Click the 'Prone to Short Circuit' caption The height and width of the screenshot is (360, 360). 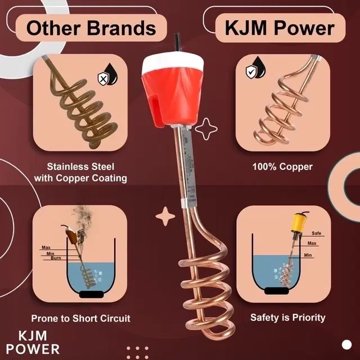[80, 318]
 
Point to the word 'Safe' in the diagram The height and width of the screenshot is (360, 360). [316, 233]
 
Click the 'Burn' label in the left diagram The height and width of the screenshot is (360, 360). [56, 258]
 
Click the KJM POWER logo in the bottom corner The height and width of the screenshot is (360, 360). [39, 341]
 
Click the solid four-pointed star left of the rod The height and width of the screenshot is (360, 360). [165, 215]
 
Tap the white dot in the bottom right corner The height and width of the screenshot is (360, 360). [346, 344]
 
